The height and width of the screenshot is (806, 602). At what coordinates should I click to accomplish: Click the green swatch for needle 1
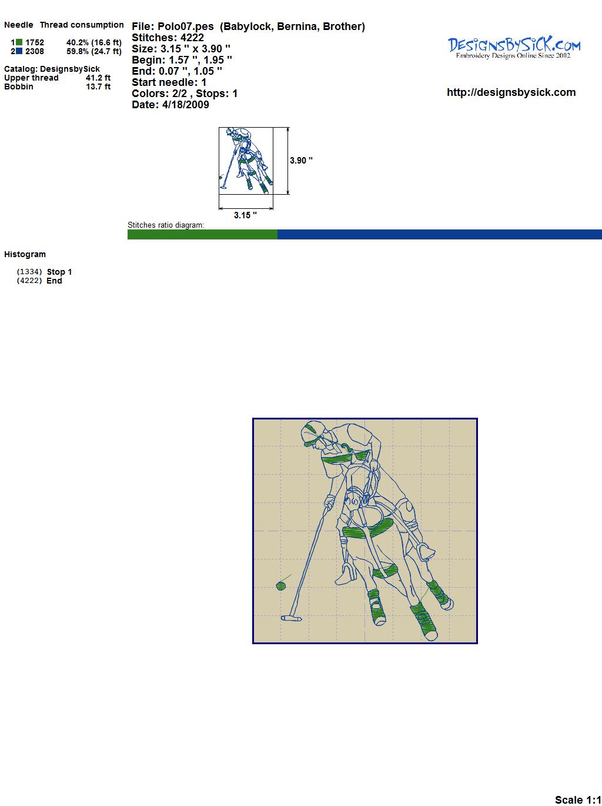19,42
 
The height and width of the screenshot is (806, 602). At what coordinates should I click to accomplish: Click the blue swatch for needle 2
19,51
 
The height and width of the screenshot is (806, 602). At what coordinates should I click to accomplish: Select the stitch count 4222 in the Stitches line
192,38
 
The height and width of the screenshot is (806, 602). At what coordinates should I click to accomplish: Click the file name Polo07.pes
186,26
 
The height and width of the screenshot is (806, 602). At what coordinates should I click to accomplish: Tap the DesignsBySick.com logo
514,48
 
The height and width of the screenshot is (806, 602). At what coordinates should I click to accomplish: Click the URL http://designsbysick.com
511,92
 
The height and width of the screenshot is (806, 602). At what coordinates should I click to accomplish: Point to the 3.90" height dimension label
301,161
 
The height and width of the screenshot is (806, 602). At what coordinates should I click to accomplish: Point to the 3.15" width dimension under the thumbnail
245,215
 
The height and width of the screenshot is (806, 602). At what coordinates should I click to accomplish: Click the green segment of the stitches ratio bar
202,234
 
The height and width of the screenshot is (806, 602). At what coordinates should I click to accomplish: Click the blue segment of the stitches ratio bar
440,234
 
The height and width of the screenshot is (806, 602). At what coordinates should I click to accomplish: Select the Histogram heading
25,254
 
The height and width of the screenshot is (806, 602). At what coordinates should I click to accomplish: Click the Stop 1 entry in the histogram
59,272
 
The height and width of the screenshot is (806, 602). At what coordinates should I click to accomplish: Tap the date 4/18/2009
186,105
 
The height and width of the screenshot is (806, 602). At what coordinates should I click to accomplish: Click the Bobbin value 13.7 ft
98,86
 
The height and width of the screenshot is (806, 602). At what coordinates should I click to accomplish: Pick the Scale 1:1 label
578,797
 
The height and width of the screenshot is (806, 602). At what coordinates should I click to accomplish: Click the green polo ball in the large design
280,586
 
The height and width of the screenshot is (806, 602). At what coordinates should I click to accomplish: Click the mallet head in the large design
291,619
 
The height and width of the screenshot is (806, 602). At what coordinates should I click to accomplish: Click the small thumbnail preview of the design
246,161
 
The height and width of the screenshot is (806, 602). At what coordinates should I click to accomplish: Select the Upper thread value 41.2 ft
98,78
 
